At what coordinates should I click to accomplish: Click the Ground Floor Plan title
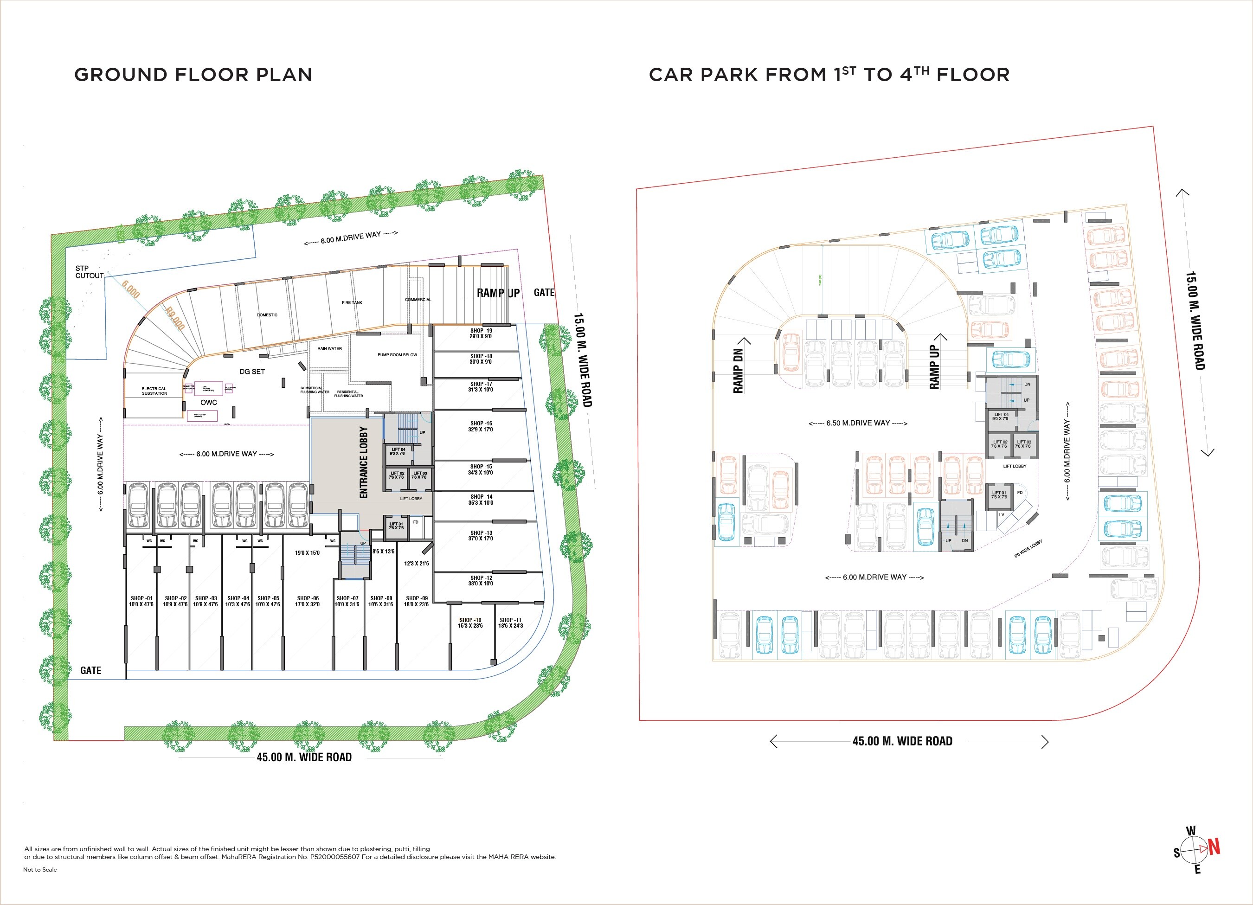(x=193, y=75)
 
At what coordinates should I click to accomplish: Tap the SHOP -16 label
(x=481, y=426)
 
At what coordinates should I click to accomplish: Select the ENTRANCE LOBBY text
(x=364, y=462)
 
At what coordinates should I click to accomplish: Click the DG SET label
(x=252, y=371)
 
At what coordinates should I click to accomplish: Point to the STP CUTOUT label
(x=90, y=272)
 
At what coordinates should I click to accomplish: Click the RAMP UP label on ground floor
(x=498, y=293)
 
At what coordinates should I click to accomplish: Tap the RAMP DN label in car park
(x=738, y=371)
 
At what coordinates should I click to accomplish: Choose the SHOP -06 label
(x=308, y=601)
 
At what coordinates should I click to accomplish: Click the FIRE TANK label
(x=352, y=303)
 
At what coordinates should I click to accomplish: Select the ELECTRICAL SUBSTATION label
(x=154, y=391)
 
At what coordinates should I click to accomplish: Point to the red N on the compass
(x=1214, y=847)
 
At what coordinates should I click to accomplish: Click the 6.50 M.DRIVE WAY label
(x=858, y=423)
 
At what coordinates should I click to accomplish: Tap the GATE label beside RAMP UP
(x=544, y=292)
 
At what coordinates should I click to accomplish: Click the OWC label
(x=209, y=402)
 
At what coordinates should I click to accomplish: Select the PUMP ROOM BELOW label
(x=397, y=355)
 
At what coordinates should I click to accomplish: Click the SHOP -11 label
(x=510, y=623)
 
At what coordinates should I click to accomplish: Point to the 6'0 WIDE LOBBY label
(x=1028, y=549)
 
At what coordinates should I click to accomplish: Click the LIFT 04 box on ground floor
(x=398, y=452)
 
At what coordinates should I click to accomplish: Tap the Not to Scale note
(x=40, y=870)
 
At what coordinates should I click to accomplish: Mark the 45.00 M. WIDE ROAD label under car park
(x=902, y=741)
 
